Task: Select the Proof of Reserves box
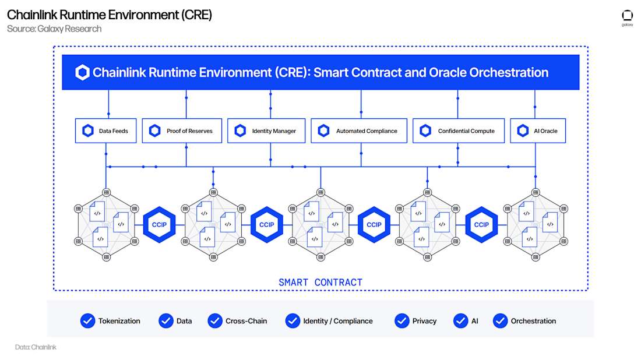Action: tap(182, 131)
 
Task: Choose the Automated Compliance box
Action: tap(358, 131)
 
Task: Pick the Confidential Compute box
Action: tap(458, 131)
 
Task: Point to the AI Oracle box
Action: tap(538, 131)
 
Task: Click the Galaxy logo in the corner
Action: tap(627, 17)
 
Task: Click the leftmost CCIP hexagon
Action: tap(159, 225)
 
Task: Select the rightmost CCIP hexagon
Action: tap(481, 225)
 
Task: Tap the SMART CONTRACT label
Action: tap(320, 283)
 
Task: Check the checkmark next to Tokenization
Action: tap(87, 321)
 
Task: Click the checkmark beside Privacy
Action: tap(401, 321)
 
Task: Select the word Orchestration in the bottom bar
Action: tap(533, 321)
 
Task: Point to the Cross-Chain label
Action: tap(246, 321)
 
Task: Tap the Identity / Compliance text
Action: tap(337, 321)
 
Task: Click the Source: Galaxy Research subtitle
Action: tap(54, 29)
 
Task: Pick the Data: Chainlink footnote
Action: tap(36, 347)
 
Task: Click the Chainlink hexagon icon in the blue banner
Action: tap(83, 73)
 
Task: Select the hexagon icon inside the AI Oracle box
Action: tap(523, 131)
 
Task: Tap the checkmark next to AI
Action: tap(461, 321)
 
